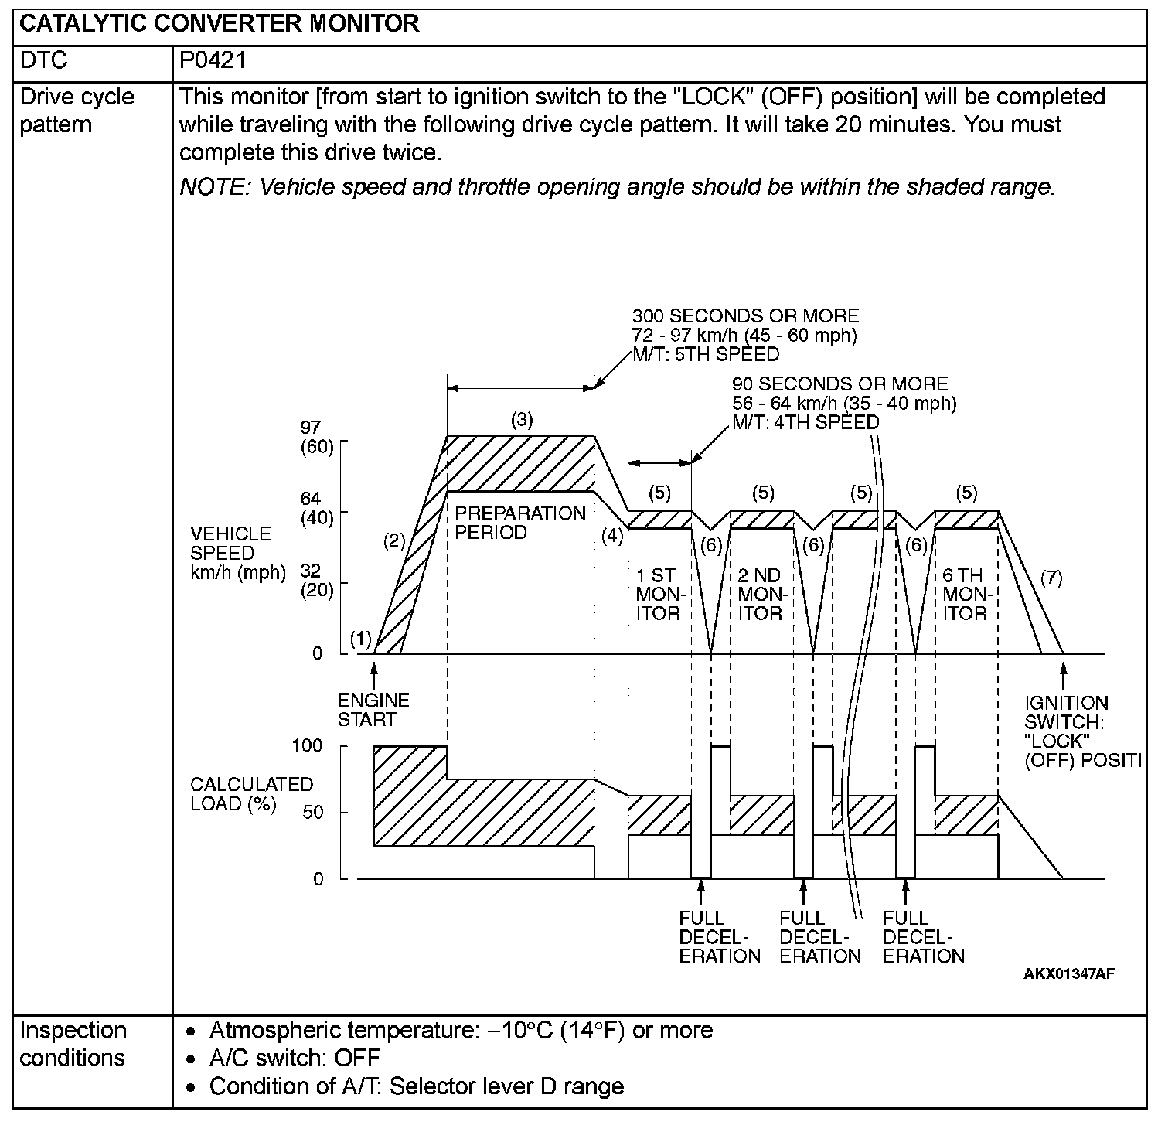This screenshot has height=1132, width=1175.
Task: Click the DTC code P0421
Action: (x=213, y=60)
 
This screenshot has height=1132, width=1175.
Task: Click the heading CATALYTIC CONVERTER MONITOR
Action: (x=219, y=23)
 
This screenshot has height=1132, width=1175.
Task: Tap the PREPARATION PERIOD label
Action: (x=519, y=523)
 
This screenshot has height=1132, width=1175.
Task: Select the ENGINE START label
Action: (x=373, y=710)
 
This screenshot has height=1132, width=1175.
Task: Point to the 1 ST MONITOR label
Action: (x=658, y=595)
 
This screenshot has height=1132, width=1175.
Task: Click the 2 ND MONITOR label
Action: (x=760, y=595)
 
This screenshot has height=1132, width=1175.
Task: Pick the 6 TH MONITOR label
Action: (x=965, y=595)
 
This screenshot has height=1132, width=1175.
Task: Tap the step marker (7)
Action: (x=1051, y=578)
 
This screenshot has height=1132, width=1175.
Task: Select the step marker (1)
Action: (x=360, y=639)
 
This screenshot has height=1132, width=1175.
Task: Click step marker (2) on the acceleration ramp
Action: (x=394, y=541)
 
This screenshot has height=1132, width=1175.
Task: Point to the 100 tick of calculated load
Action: (x=308, y=746)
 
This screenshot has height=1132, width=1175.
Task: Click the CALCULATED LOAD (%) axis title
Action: (x=251, y=794)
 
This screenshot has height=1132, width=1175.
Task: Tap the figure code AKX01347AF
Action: (x=1068, y=973)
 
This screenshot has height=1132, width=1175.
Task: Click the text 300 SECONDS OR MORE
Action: (x=745, y=315)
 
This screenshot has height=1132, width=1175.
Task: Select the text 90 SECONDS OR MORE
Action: (x=840, y=384)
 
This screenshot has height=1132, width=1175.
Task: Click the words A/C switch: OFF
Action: (x=295, y=1058)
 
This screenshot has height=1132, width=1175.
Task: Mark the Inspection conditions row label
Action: (x=73, y=1044)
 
